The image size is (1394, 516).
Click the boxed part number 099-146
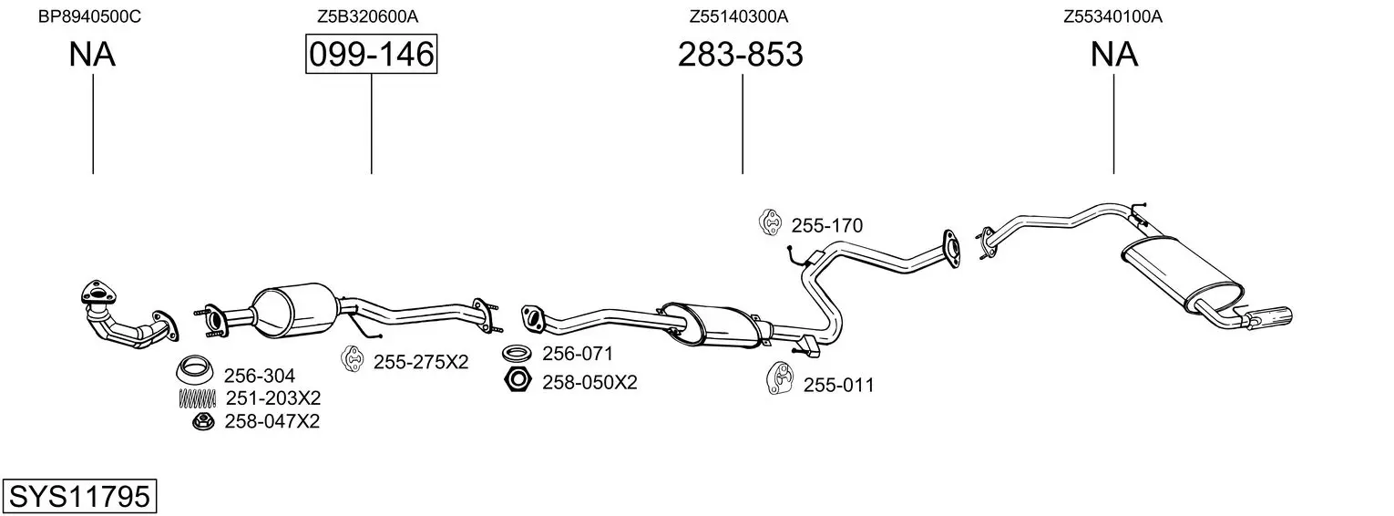click(371, 54)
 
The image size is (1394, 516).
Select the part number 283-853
click(741, 54)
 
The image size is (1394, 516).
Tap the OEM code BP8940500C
click(89, 16)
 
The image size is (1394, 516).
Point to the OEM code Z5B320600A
click(368, 16)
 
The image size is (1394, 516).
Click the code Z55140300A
click(739, 16)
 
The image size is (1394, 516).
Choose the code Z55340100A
click(1112, 16)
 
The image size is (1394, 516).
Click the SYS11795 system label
click(79, 496)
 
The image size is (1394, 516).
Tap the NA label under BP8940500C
click(92, 54)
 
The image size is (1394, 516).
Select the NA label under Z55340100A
click(1114, 54)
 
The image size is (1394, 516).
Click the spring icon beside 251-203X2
click(198, 398)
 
